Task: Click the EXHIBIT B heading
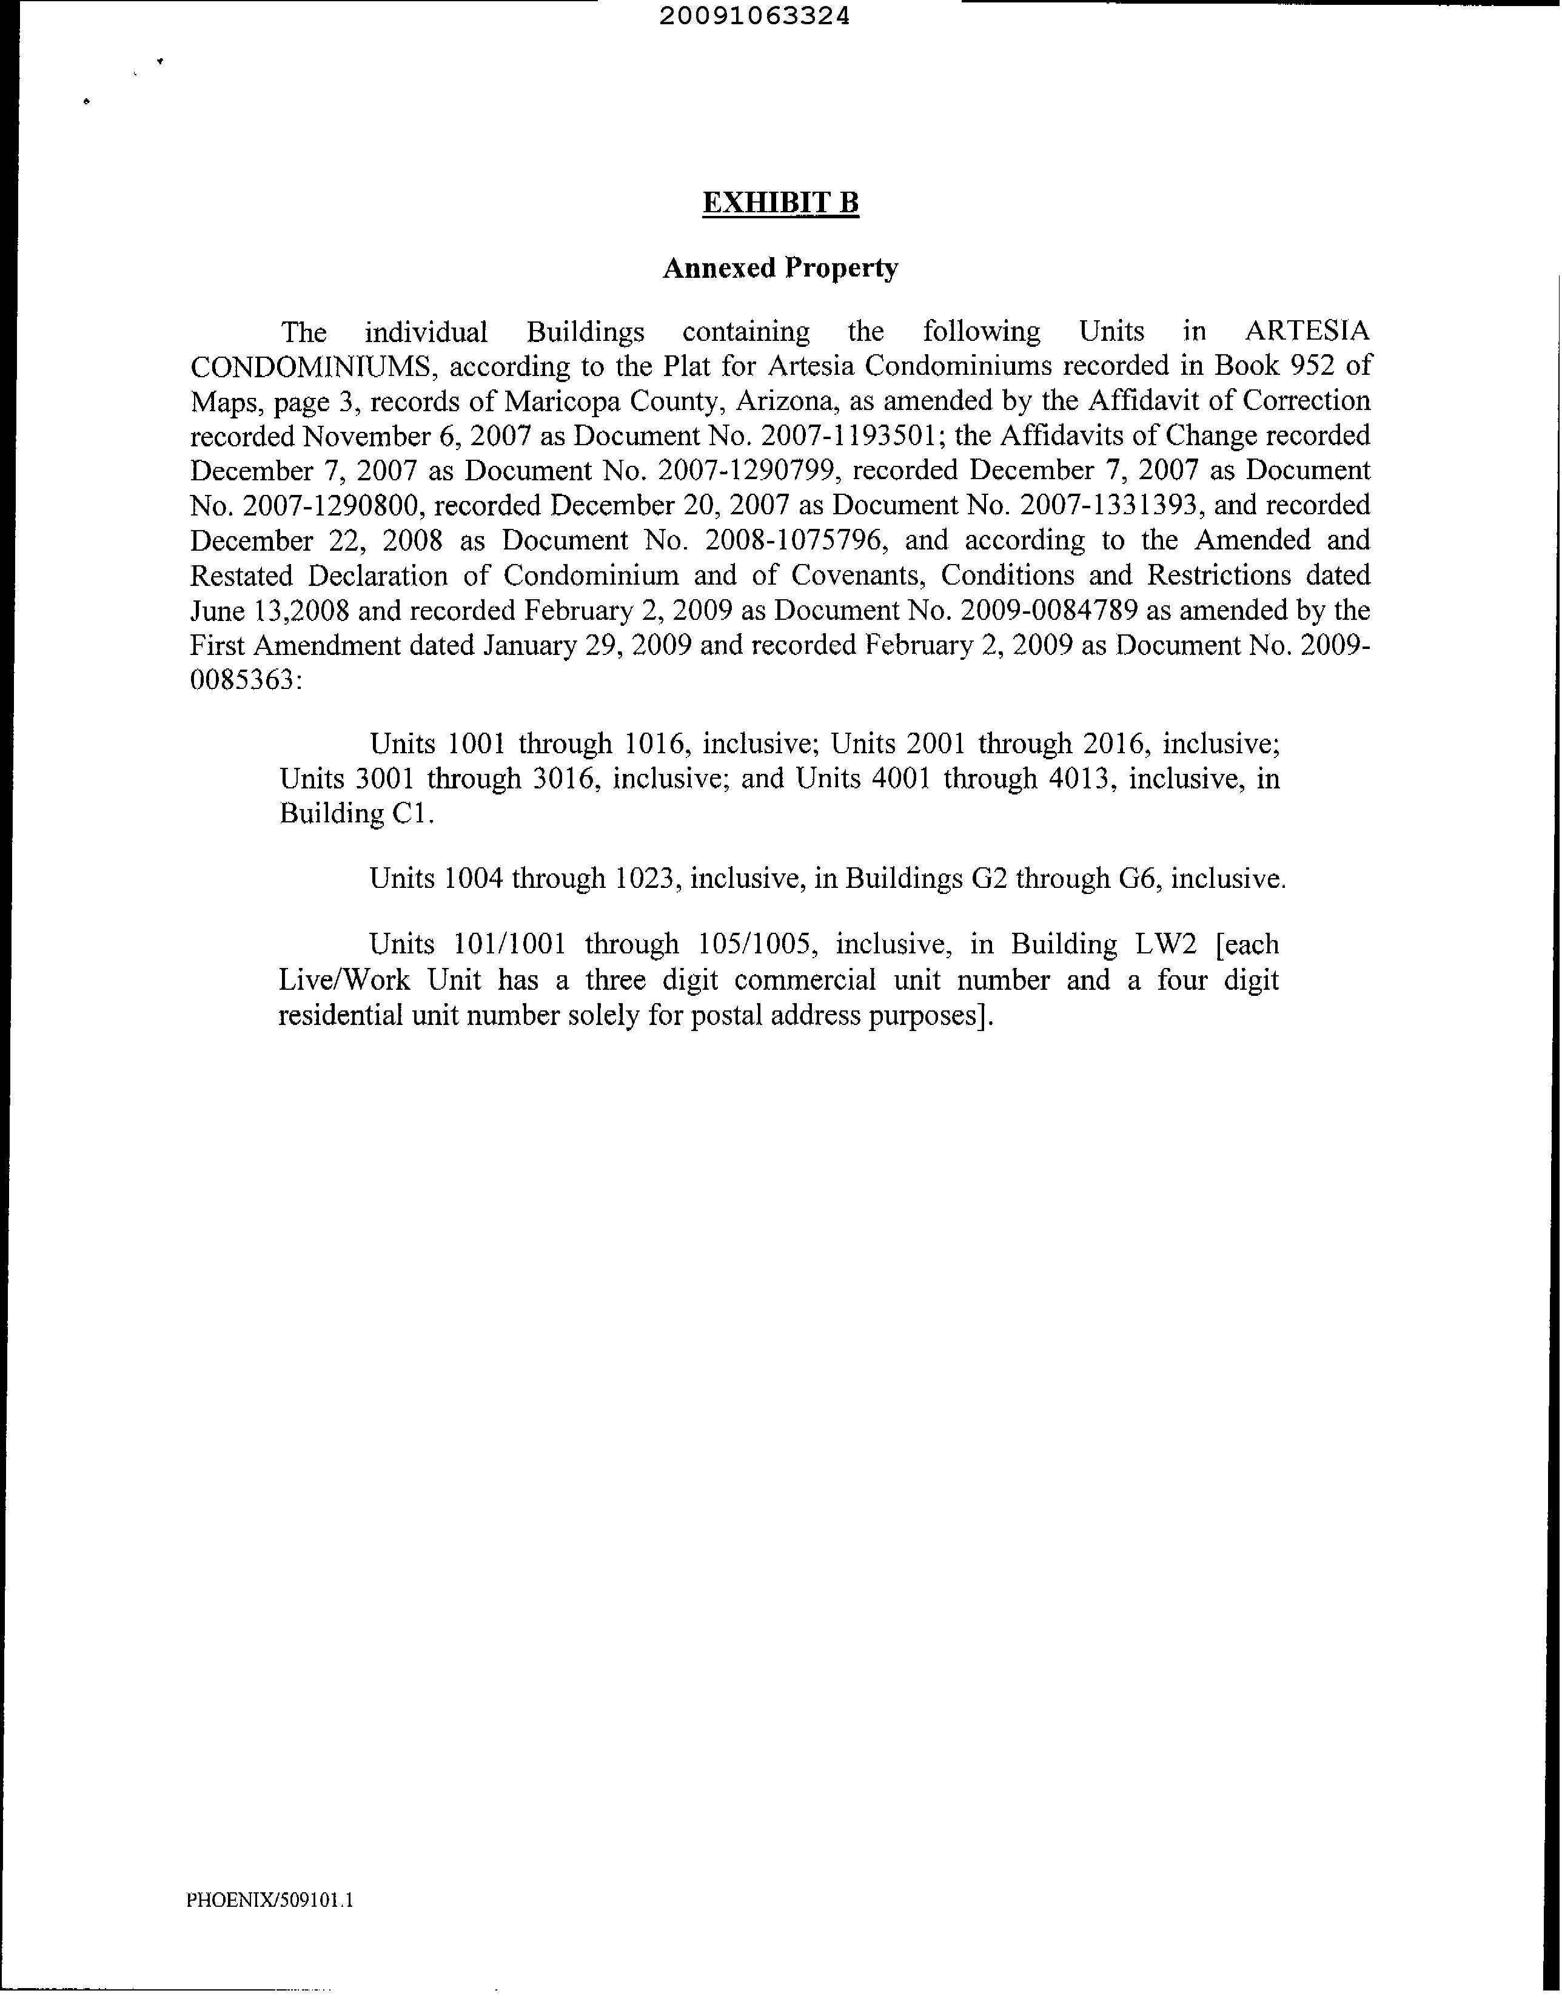[x=780, y=203]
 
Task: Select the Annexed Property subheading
[x=780, y=268]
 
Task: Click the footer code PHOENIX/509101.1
[x=270, y=1900]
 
